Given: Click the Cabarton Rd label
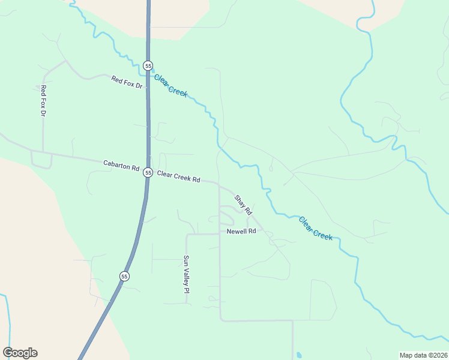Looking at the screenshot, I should point(121,165).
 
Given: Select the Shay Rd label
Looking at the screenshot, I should point(243,205).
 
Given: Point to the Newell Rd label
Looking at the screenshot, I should point(241,231).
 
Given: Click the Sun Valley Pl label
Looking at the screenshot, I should point(186,274).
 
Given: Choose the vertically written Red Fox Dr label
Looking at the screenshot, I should point(43,100).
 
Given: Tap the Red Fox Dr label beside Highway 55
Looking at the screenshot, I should point(127,82).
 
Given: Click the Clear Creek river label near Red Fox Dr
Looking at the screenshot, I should point(171,85).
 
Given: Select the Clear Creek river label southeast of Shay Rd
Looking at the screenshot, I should point(316,228).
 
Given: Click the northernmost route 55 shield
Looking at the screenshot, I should point(148,65).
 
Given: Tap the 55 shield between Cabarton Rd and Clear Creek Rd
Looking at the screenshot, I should point(148,173).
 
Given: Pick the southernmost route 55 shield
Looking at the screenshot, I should point(124,276).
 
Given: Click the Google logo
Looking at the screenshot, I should point(20,353).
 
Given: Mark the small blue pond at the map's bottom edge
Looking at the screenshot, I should point(298,355).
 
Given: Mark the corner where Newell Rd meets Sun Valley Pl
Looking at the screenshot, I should point(187,235).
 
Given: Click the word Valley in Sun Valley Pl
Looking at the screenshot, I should point(186,275).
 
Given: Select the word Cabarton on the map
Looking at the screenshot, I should point(116,164).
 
